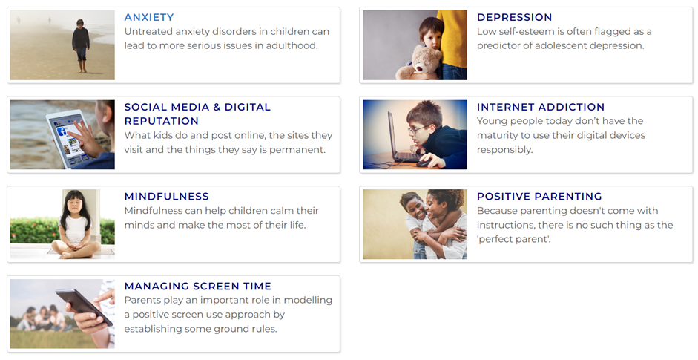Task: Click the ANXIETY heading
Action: (x=149, y=17)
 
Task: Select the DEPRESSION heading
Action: (x=514, y=17)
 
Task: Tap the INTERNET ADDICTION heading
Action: (x=541, y=107)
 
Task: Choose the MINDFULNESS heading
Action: (x=166, y=197)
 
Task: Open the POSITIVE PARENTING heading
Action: (x=539, y=197)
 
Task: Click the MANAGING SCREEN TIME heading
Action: (x=197, y=286)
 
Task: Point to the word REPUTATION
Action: (x=161, y=121)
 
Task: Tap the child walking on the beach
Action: (x=81, y=45)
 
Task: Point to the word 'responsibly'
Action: (x=505, y=150)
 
